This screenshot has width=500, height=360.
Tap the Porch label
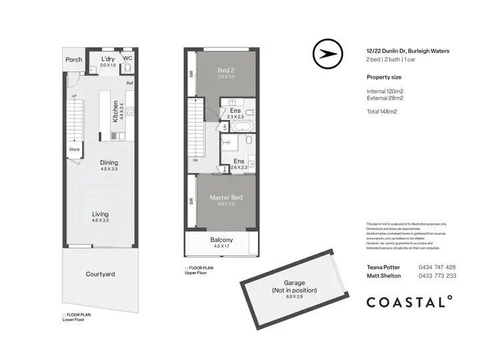(74, 59)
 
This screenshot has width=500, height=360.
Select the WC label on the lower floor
(128, 58)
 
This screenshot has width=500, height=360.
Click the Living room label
(100, 214)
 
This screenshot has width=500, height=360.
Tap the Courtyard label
(100, 274)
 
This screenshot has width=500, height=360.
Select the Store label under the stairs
(74, 149)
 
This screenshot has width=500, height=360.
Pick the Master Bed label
(227, 198)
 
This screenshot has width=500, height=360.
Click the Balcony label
(221, 240)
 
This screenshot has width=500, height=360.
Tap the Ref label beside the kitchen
(130, 83)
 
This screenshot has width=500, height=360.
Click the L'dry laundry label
(108, 59)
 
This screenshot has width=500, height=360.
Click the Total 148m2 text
(382, 111)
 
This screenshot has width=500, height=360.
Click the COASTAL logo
(409, 302)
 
